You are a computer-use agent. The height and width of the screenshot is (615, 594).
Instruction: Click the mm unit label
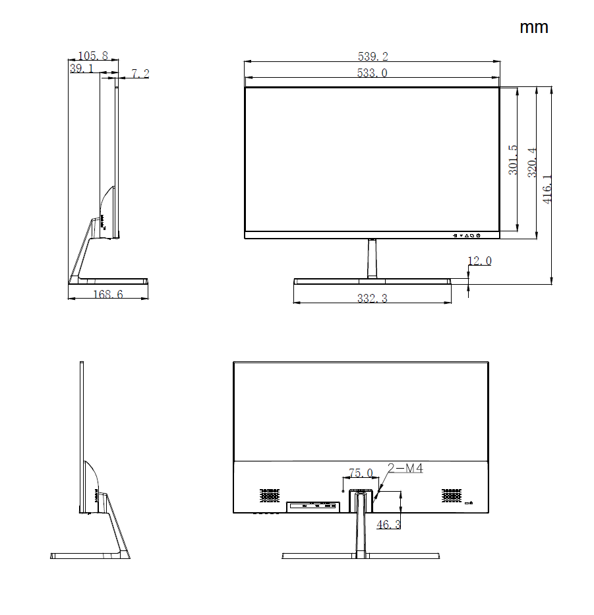click(x=533, y=28)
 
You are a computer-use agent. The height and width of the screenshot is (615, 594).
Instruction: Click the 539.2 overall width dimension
click(x=372, y=57)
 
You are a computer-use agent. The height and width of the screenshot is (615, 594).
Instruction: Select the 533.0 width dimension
click(x=372, y=73)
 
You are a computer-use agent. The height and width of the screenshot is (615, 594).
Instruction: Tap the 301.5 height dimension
click(x=513, y=160)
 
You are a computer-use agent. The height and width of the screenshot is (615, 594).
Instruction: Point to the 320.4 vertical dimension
click(x=532, y=162)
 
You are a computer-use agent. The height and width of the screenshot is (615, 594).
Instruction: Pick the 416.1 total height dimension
click(x=548, y=189)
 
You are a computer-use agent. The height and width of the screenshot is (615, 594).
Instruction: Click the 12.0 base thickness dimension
click(x=479, y=261)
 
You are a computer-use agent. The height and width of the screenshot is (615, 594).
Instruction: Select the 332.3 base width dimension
click(x=372, y=299)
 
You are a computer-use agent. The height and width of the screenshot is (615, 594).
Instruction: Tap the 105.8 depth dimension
click(x=93, y=56)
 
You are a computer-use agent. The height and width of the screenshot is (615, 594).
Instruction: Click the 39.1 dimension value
click(x=81, y=68)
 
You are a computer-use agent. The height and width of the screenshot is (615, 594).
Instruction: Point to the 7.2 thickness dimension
click(x=140, y=74)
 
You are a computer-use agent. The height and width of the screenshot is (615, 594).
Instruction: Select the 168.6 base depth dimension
click(x=107, y=295)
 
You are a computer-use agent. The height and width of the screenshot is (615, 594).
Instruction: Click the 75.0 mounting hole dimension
click(x=361, y=473)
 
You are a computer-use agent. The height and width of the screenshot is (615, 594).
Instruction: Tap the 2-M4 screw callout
click(x=405, y=469)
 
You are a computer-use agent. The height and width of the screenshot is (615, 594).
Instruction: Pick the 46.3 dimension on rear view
click(x=388, y=525)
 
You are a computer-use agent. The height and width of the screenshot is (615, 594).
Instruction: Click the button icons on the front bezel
click(x=467, y=235)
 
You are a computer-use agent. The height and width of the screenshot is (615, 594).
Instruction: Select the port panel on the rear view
click(x=312, y=506)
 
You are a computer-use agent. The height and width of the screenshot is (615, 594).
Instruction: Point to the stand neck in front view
click(x=372, y=258)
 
